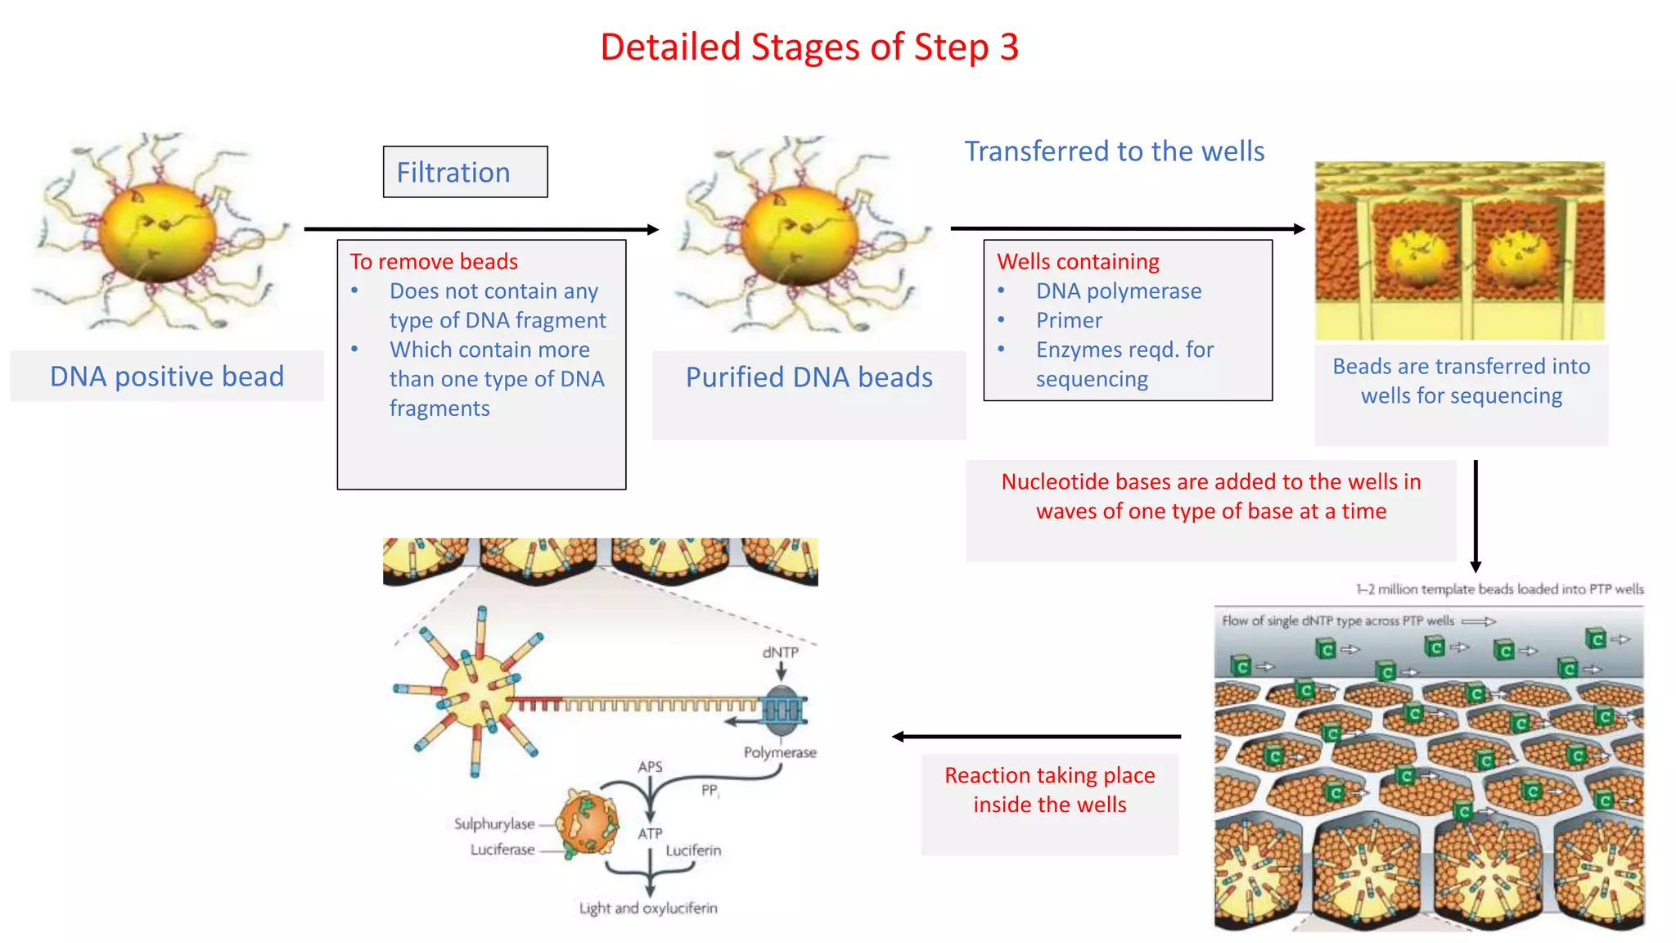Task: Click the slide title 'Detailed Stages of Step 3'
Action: click(809, 47)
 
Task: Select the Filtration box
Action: click(465, 172)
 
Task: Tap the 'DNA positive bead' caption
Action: click(167, 377)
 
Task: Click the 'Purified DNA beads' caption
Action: click(809, 377)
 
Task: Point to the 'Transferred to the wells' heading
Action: click(1114, 151)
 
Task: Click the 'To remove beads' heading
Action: click(434, 262)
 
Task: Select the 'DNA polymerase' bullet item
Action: click(1118, 291)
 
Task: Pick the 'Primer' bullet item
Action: click(1068, 321)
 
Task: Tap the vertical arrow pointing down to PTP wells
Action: click(1476, 516)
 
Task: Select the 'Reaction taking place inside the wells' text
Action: click(1049, 790)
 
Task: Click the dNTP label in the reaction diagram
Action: click(780, 652)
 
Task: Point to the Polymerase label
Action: click(779, 752)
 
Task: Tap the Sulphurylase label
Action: click(494, 823)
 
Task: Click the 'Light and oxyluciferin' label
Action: click(647, 908)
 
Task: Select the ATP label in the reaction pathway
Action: click(650, 833)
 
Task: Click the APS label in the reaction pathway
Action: click(650, 767)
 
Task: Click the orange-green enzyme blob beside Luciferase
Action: click(587, 823)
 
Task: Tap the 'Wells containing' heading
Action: click(1078, 262)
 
